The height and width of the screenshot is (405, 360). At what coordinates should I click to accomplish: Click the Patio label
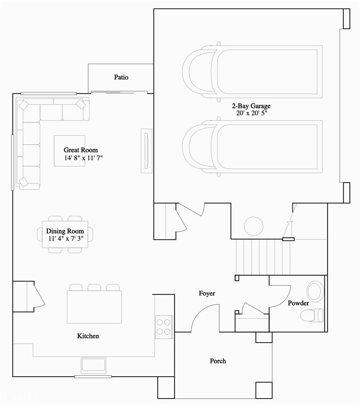[x=121, y=77]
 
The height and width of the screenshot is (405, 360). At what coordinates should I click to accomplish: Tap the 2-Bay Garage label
[x=251, y=106]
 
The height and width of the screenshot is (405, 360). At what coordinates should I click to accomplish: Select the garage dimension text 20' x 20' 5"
[x=251, y=113]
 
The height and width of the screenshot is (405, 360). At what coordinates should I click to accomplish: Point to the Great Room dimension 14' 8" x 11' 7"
[x=84, y=158]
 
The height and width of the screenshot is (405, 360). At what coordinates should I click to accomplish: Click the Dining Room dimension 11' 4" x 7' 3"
[x=66, y=238]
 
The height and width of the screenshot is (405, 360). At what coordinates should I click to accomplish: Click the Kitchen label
[x=88, y=336]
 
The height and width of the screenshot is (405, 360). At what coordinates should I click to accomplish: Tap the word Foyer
[x=207, y=293]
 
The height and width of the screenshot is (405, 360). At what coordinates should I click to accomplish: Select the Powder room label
[x=298, y=303]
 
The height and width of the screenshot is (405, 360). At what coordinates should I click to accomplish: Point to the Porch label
[x=218, y=361]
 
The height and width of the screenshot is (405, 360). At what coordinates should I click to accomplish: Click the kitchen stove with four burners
[x=164, y=327]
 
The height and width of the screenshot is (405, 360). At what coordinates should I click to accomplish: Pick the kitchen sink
[x=93, y=365]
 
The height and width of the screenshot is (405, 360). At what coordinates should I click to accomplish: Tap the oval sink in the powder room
[x=315, y=291]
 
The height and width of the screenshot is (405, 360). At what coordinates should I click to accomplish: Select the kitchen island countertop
[x=94, y=307]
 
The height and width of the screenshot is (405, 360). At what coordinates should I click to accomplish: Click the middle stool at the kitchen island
[x=94, y=287]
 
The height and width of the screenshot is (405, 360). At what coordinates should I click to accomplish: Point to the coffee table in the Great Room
[x=69, y=151]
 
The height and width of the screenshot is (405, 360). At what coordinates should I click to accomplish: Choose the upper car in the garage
[x=252, y=72]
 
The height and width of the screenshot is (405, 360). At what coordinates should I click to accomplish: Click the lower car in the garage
[x=252, y=147]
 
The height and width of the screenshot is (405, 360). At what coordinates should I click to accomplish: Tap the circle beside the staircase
[x=254, y=226]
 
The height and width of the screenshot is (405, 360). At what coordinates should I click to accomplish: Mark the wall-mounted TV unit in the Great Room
[x=146, y=151]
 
